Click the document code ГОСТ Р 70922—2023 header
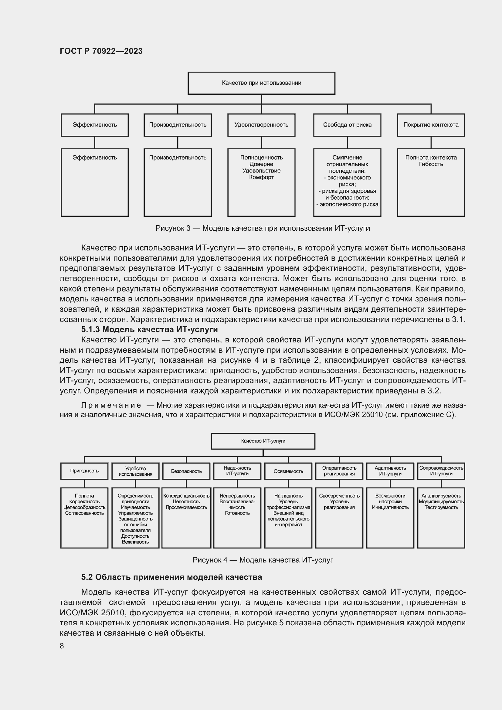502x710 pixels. point(101,51)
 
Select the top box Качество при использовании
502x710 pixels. point(261,83)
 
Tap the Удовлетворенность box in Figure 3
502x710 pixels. point(261,125)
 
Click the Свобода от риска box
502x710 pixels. point(347,125)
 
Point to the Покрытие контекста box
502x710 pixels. point(431,125)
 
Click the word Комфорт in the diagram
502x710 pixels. point(262,178)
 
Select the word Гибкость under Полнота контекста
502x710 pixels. point(431,164)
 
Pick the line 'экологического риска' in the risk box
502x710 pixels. point(348,204)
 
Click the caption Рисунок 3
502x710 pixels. point(263,229)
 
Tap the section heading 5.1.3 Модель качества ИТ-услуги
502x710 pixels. point(149,329)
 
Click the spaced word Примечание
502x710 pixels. point(111,406)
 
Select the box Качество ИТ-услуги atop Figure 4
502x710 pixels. point(263,441)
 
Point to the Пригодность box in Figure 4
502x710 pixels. point(84,471)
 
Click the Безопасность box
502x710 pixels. point(186,471)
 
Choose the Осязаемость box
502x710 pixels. point(288,471)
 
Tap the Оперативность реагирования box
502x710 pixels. point(339,471)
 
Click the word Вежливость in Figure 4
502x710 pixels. point(135,542)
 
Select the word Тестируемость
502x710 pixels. point(441,508)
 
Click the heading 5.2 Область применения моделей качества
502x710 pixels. point(171,577)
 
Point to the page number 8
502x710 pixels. point(62,646)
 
